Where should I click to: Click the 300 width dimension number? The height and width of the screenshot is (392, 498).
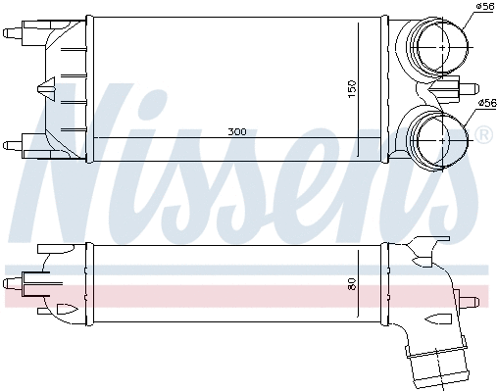tap(237, 131)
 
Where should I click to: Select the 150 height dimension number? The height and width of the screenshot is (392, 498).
tap(350, 87)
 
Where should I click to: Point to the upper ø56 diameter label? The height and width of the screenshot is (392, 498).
tap(484, 8)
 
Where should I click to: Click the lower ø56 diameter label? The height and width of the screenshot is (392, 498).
tap(484, 102)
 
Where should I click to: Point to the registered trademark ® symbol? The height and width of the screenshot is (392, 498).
tap(482, 133)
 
